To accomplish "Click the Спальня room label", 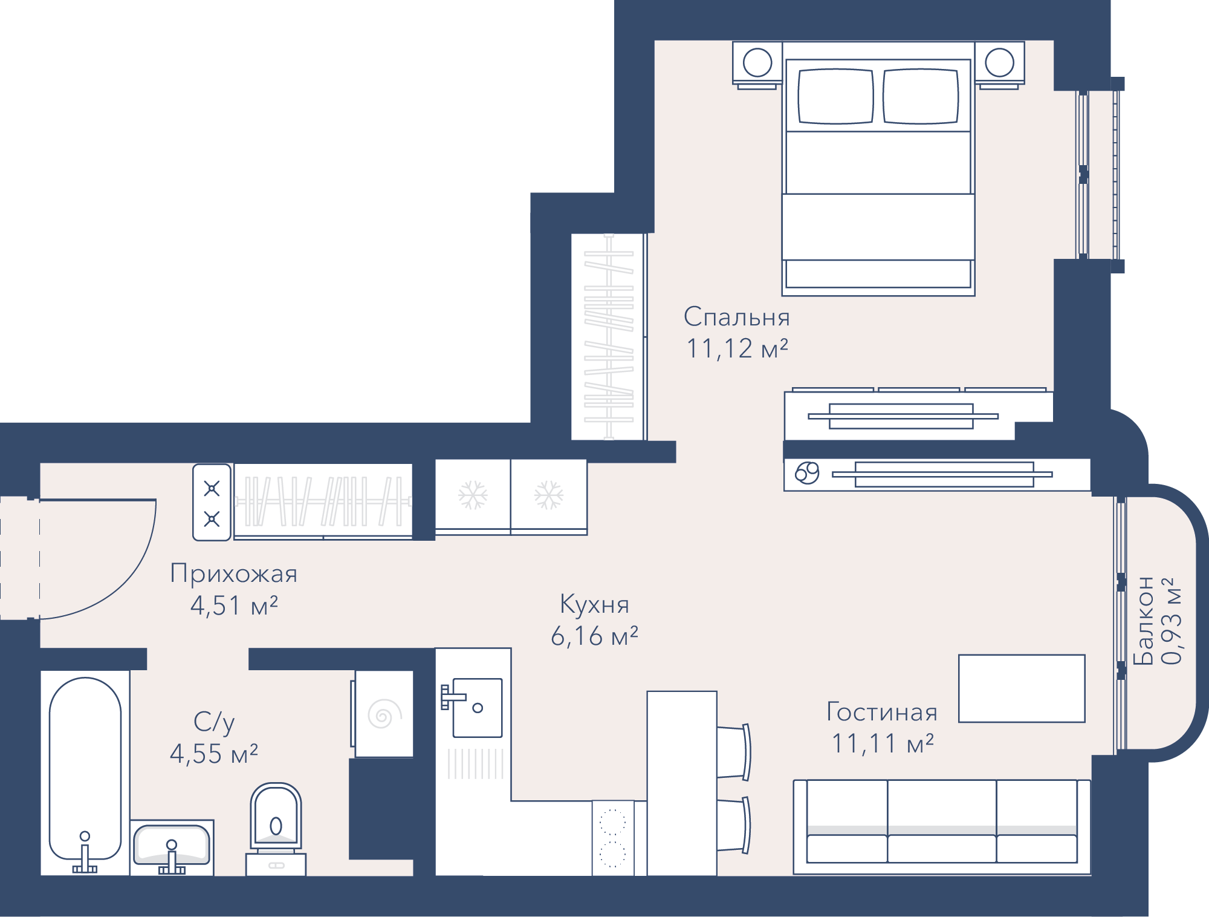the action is pyautogui.click(x=736, y=317).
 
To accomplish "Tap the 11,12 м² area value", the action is pyautogui.click(x=737, y=348).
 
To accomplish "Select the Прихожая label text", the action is pyautogui.click(x=234, y=573).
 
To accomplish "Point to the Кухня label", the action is pyautogui.click(x=594, y=604).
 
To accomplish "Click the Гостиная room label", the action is pyautogui.click(x=882, y=712).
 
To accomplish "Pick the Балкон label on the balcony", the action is pyautogui.click(x=1143, y=621).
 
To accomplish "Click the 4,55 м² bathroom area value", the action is pyautogui.click(x=214, y=754).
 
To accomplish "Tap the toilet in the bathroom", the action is pyautogui.click(x=276, y=829).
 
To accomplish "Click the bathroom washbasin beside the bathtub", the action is pyautogui.click(x=172, y=847).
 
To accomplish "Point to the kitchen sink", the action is pyautogui.click(x=477, y=708).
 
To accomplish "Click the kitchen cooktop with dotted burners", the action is pyautogui.click(x=612, y=838).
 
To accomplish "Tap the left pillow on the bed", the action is pyautogui.click(x=835, y=96).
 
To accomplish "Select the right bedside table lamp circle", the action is pyautogui.click(x=999, y=62).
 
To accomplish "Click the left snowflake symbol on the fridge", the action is pyautogui.click(x=473, y=495).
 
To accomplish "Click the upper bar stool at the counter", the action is pyautogui.click(x=734, y=752).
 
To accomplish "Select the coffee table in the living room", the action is pyautogui.click(x=1022, y=688).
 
